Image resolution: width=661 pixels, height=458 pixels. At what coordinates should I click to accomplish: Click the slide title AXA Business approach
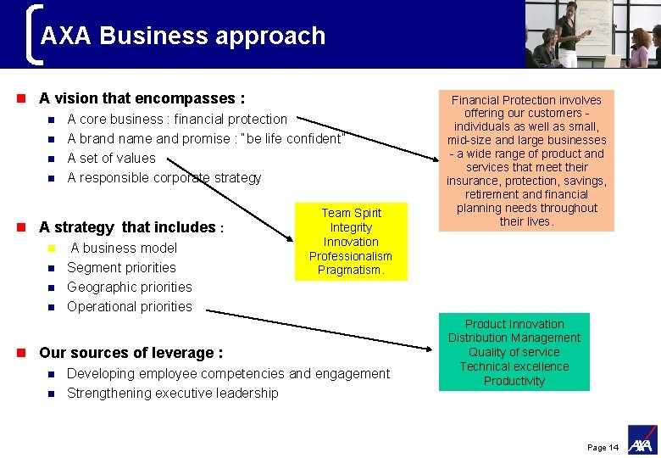point(182,36)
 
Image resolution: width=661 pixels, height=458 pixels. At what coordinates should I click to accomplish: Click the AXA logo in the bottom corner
point(641,439)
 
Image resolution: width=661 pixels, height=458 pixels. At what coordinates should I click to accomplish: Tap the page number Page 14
point(603,447)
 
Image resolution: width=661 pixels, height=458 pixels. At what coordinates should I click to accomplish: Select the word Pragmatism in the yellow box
point(351,271)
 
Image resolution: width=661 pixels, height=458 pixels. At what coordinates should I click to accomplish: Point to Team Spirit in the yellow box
point(351,213)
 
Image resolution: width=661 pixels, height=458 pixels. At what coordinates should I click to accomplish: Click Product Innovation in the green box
point(514,324)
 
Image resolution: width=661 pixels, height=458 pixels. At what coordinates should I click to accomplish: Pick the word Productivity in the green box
point(514,381)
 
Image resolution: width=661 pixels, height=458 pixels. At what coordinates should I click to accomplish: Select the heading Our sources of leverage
point(131,353)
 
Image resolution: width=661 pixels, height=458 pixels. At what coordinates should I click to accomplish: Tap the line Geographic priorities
point(129,287)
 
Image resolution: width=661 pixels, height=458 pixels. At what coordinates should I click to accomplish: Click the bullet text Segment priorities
point(121,267)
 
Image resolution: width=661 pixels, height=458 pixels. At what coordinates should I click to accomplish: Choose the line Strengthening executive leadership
point(172,393)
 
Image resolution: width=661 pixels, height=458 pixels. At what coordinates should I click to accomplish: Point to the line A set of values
point(111,158)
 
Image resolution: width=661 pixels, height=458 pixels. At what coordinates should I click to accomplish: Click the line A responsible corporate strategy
point(164,177)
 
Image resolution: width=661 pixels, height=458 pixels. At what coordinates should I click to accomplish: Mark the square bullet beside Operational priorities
point(51,307)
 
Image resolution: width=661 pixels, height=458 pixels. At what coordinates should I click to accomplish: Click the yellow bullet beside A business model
point(51,249)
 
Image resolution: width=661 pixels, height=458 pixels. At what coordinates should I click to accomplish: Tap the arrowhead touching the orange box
point(435,155)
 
